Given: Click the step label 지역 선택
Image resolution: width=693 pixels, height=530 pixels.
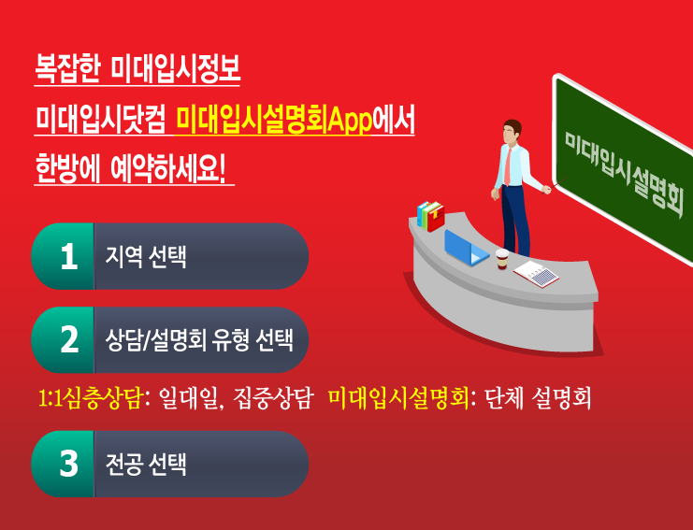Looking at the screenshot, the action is pyautogui.click(x=146, y=257).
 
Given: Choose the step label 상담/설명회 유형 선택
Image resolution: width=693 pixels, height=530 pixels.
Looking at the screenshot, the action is pyautogui.click(x=199, y=339).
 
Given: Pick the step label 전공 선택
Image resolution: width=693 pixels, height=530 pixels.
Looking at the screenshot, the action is pyautogui.click(x=146, y=464).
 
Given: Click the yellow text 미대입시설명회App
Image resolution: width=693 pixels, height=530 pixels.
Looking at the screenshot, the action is pyautogui.click(x=273, y=121).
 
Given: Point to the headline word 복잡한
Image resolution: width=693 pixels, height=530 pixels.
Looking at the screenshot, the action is pyautogui.click(x=67, y=68).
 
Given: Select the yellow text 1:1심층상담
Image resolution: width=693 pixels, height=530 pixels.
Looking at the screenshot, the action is pyautogui.click(x=90, y=398).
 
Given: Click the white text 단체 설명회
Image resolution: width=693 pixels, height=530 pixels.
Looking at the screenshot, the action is pyautogui.click(x=538, y=398).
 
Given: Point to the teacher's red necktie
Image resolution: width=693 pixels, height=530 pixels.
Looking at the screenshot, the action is pyautogui.click(x=508, y=166).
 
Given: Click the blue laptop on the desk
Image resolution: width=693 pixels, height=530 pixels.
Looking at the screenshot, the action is pyautogui.click(x=466, y=249).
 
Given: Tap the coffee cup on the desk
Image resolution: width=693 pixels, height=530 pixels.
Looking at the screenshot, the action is pyautogui.click(x=502, y=258).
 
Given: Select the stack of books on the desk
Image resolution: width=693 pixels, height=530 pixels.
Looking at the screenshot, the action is pyautogui.click(x=430, y=216).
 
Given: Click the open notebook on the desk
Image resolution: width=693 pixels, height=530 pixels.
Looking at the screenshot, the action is pyautogui.click(x=536, y=274).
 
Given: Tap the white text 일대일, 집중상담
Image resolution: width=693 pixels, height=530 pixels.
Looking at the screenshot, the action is pyautogui.click(x=235, y=398).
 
